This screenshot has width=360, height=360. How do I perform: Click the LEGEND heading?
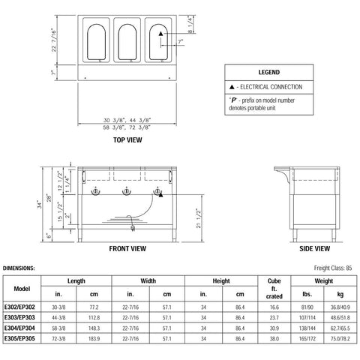coord(268,74)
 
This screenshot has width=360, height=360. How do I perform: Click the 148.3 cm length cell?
coord(91,327)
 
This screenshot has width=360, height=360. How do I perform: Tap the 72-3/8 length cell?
coord(56,337)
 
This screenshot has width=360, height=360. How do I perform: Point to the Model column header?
coord(22,289)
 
